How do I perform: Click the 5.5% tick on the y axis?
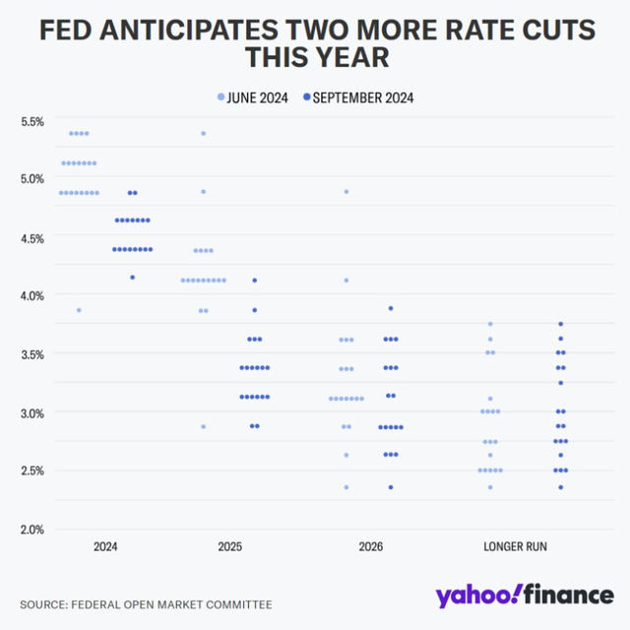tap(31, 121)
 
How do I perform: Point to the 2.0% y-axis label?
tap(31, 529)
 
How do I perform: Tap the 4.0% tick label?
tap(31, 295)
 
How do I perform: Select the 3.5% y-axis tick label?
tap(31, 353)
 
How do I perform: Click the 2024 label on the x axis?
tap(105, 545)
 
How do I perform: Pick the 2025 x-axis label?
tap(228, 545)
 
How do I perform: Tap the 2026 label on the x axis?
tap(370, 545)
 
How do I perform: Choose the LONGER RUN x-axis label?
tap(516, 545)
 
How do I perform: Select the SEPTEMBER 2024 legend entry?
tap(362, 97)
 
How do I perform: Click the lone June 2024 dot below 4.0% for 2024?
tap(79, 310)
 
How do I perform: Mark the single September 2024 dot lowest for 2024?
tap(132, 278)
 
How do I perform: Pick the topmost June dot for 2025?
tap(204, 133)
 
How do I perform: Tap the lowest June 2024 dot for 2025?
tap(204, 426)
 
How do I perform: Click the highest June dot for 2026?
tap(346, 191)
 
